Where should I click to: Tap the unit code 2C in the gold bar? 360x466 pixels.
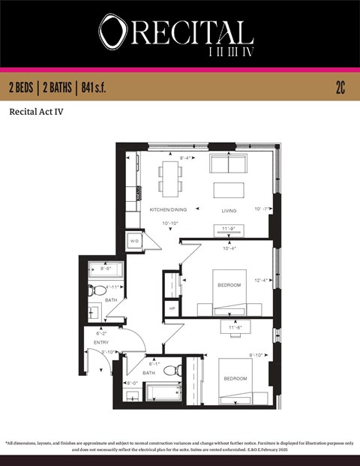(340, 88)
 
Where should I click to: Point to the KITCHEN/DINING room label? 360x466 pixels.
(168, 209)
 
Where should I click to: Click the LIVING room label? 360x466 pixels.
(229, 210)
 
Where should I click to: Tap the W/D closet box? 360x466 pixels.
(135, 241)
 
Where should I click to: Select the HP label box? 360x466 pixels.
(172, 308)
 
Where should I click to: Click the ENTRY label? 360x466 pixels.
(101, 342)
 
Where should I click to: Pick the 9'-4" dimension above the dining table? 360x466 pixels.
(187, 158)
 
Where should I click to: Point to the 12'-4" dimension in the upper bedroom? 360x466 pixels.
(261, 281)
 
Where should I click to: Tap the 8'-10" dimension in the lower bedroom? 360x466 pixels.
(257, 356)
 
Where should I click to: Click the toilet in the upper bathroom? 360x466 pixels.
(97, 291)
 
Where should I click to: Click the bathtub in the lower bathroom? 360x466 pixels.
(161, 392)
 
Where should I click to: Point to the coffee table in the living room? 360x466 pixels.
(229, 189)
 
